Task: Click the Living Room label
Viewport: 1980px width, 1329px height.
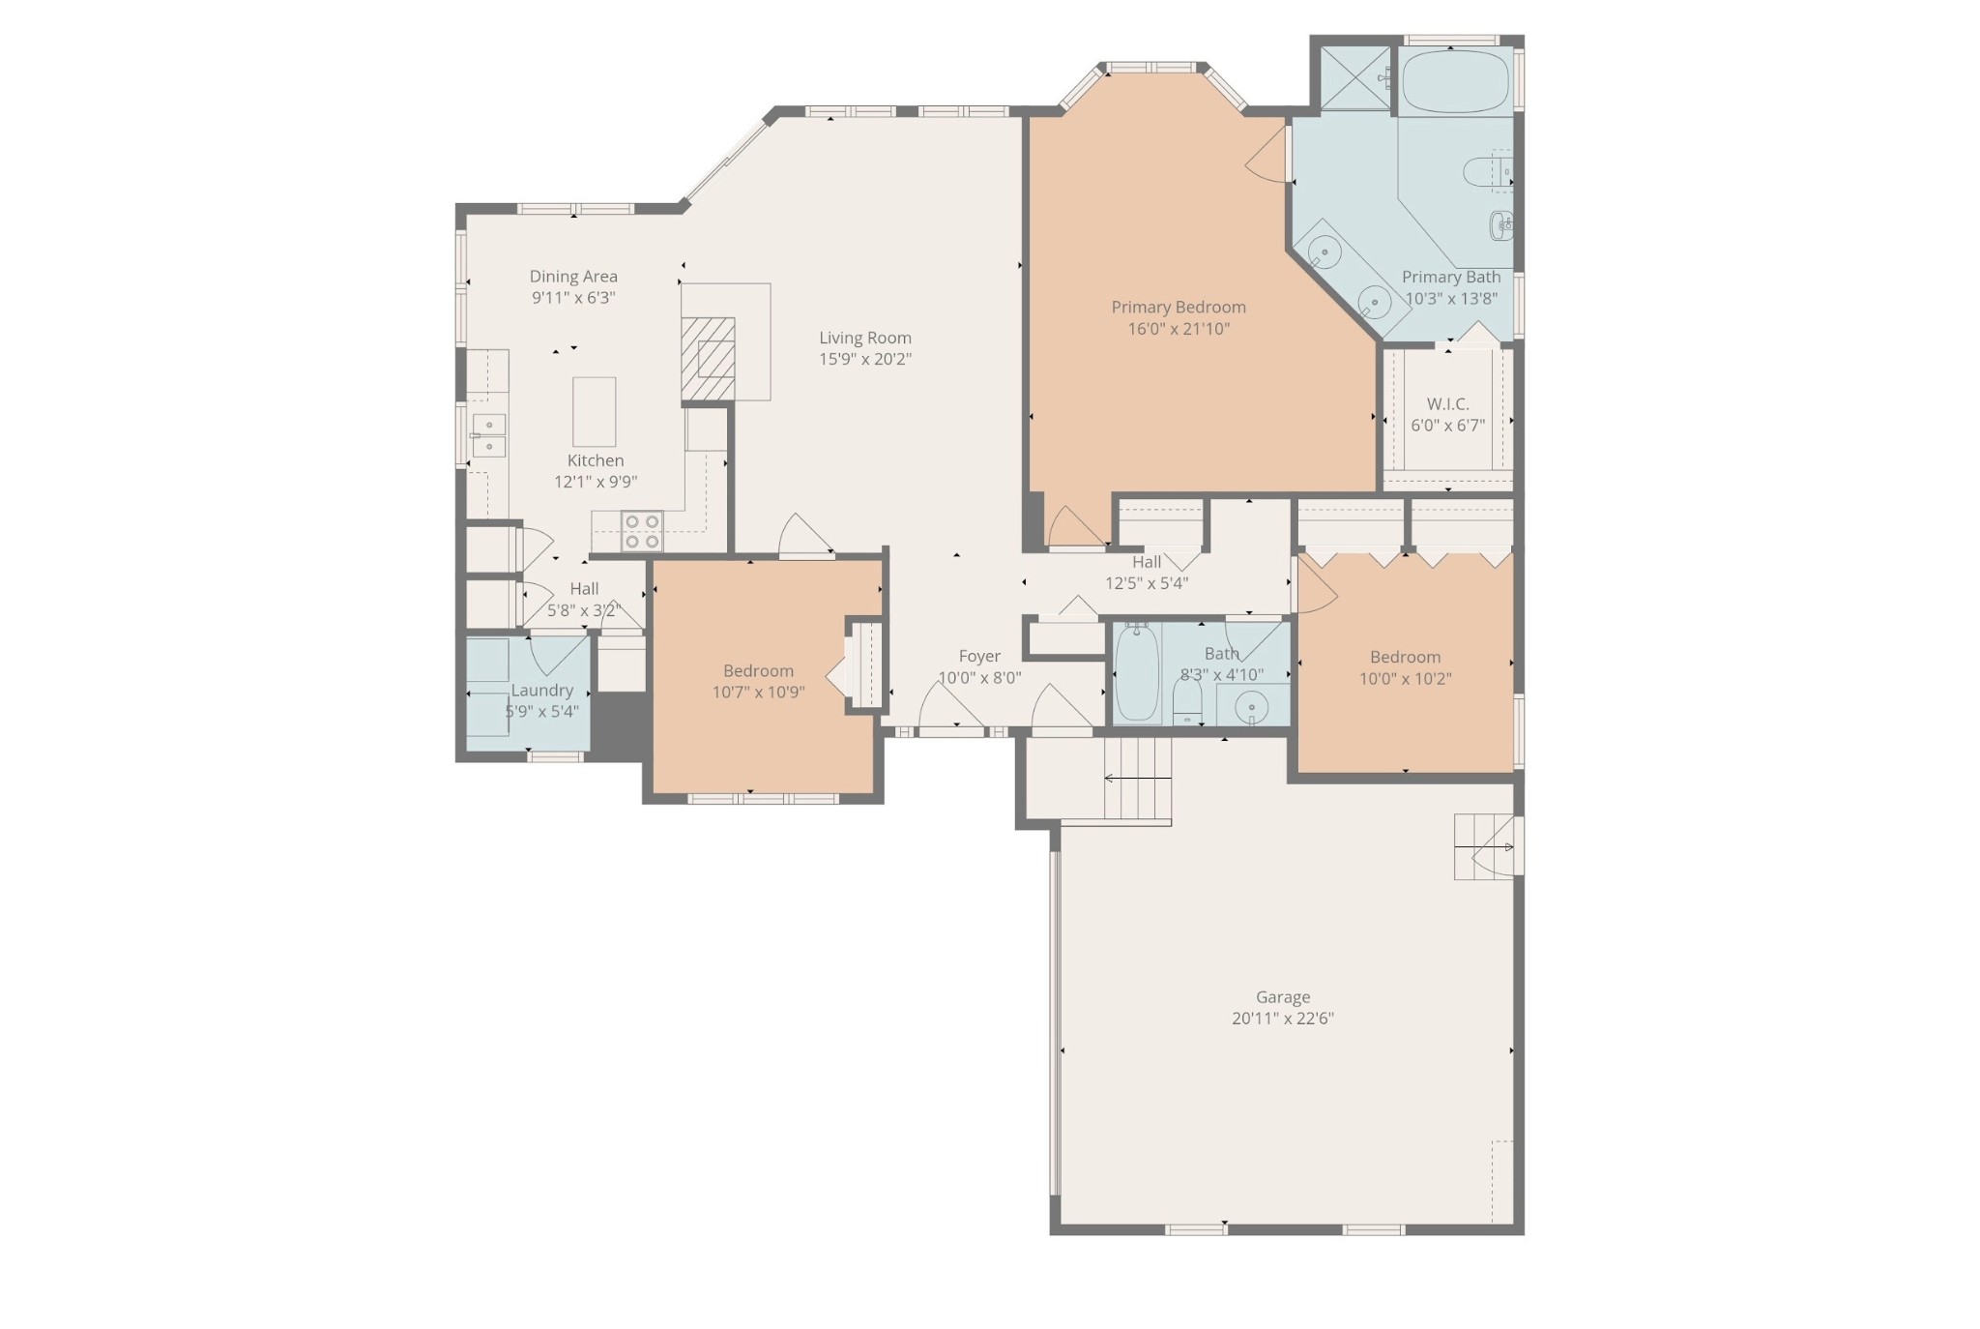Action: tap(864, 338)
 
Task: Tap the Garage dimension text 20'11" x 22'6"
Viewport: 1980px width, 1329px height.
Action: tap(1282, 1019)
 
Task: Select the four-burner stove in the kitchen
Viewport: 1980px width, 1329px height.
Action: tap(642, 531)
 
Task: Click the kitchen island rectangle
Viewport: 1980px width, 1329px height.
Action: tap(594, 411)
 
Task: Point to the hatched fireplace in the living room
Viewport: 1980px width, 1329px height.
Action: tap(708, 358)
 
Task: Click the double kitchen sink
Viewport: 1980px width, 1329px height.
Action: tap(488, 435)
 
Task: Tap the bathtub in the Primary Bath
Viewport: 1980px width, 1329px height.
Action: tap(1455, 82)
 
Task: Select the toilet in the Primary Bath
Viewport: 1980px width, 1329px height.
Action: tap(1484, 173)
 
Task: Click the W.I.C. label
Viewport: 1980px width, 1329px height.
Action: tap(1447, 404)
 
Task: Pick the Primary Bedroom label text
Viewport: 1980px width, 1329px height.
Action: tap(1178, 308)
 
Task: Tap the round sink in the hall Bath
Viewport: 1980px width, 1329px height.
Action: tap(1251, 709)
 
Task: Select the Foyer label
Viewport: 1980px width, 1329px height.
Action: tap(979, 657)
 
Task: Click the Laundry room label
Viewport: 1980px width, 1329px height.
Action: tap(541, 691)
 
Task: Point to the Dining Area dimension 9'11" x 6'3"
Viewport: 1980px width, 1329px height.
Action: tap(573, 298)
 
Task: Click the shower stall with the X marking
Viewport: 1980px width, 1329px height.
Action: tap(1354, 78)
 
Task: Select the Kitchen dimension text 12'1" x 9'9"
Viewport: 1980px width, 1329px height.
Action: tap(595, 482)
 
